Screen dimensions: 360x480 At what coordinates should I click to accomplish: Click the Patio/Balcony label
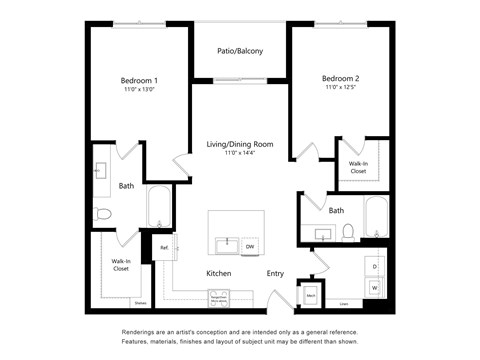(x=240, y=51)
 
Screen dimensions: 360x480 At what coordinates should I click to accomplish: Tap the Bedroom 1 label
(x=140, y=79)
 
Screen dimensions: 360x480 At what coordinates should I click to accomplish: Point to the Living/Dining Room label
(x=240, y=144)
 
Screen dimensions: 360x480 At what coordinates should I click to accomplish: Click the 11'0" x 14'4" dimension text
(x=240, y=154)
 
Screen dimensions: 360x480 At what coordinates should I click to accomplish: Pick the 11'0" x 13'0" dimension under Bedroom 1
(x=140, y=90)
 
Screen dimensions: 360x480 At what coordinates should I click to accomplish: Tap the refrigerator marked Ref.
(x=164, y=247)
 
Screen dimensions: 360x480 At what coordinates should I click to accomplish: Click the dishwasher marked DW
(x=250, y=246)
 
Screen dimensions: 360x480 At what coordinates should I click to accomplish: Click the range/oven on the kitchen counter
(x=218, y=298)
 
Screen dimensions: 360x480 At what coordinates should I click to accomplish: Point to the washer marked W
(x=374, y=288)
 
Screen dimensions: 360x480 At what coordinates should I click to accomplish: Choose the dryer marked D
(x=374, y=266)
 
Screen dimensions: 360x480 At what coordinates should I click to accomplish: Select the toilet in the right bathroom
(x=348, y=232)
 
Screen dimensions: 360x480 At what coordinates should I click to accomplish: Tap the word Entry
(x=275, y=273)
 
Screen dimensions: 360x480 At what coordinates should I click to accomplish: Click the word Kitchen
(x=219, y=273)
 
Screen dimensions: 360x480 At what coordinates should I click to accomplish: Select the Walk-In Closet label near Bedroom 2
(x=357, y=166)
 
